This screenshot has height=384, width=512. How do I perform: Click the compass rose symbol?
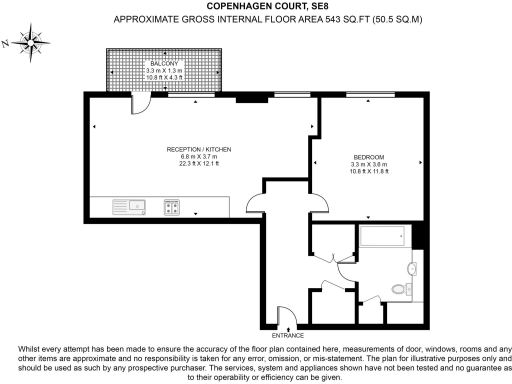(34, 42)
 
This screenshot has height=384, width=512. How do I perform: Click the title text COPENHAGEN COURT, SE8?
(256, 6)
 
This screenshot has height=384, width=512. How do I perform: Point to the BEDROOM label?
(363, 158)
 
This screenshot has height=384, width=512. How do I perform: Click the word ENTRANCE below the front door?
(288, 335)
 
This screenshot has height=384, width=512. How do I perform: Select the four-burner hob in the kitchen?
(171, 207)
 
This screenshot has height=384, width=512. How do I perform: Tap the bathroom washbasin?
(412, 267)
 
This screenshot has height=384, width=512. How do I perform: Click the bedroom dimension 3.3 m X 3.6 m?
(363, 166)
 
